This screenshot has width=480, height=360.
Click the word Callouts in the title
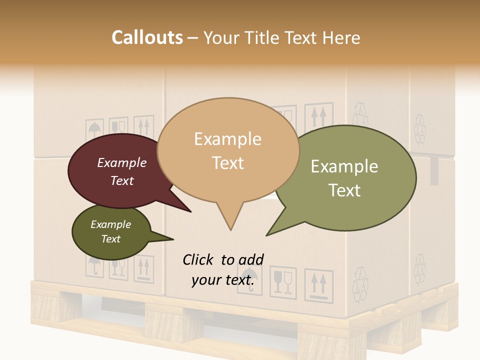click(x=147, y=37)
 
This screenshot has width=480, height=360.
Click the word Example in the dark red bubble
click(x=121, y=162)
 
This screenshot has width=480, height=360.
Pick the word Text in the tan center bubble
click(x=227, y=162)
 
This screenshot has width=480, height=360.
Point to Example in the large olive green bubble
click(x=344, y=166)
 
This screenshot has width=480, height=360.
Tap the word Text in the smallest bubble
click(x=110, y=239)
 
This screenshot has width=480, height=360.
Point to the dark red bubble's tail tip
click(x=190, y=211)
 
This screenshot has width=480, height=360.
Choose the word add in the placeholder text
click(x=251, y=259)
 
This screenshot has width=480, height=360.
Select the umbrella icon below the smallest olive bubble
click(x=94, y=266)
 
